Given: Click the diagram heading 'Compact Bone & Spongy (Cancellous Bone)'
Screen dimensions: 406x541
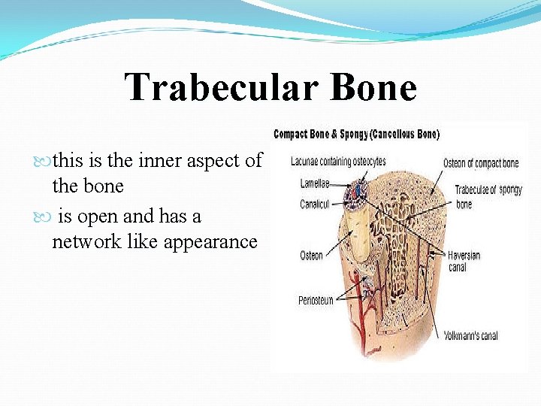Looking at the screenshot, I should coord(356,135).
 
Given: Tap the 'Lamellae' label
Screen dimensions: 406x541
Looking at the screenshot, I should coord(315,183).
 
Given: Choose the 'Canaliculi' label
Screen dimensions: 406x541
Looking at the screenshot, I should coord(316,205).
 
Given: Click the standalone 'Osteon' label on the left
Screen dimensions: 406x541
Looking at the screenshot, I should coord(311,256).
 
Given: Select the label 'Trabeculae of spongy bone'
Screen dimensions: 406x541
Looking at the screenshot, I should coord(488,197).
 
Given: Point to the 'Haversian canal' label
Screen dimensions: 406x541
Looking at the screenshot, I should coord(464,261).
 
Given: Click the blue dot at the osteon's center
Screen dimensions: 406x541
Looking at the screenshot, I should coord(356,194).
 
